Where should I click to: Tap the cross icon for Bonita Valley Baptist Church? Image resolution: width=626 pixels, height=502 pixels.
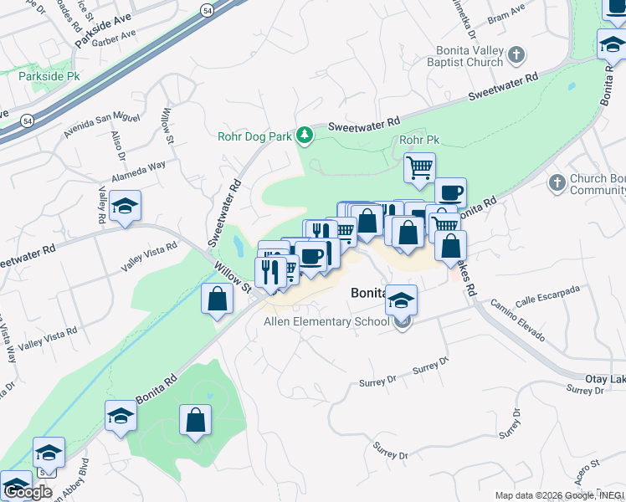click(516, 56)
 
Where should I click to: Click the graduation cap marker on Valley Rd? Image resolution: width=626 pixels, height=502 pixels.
click(125, 207)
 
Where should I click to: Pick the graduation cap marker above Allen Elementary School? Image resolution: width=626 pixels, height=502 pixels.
click(402, 300)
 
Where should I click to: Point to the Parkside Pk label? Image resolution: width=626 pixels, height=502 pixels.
click(48, 74)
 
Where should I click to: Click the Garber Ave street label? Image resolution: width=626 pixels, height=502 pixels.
click(115, 37)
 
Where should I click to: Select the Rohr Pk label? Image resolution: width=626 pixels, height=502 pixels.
click(419, 141)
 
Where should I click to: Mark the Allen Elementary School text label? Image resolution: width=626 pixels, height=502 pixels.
click(326, 321)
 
